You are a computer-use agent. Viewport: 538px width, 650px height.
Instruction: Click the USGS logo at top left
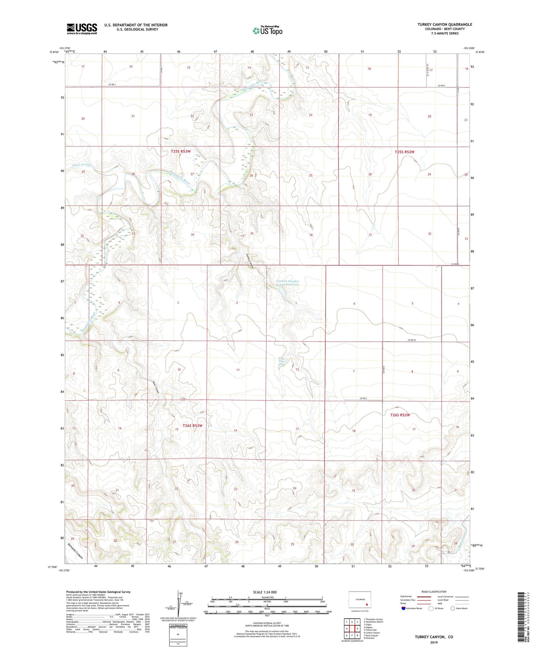(x=82, y=29)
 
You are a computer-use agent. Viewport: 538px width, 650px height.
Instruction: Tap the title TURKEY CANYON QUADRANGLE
(x=444, y=24)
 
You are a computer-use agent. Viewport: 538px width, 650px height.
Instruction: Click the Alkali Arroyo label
(x=81, y=165)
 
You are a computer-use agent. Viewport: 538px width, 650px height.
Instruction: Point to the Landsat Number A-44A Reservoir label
(x=288, y=283)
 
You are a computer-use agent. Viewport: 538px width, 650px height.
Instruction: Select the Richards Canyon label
(x=76, y=551)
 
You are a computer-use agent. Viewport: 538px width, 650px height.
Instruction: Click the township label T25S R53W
(x=180, y=151)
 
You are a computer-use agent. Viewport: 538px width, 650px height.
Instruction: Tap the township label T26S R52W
(x=400, y=415)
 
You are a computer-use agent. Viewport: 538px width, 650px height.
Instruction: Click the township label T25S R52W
(x=404, y=152)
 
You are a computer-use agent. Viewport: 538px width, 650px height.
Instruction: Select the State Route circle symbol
(x=453, y=608)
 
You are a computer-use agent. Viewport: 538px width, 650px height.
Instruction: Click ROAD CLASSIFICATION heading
(x=434, y=592)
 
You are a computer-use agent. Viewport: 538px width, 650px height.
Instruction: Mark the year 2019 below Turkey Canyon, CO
(x=434, y=642)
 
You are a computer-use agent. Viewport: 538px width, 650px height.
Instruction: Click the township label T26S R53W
(x=192, y=426)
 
